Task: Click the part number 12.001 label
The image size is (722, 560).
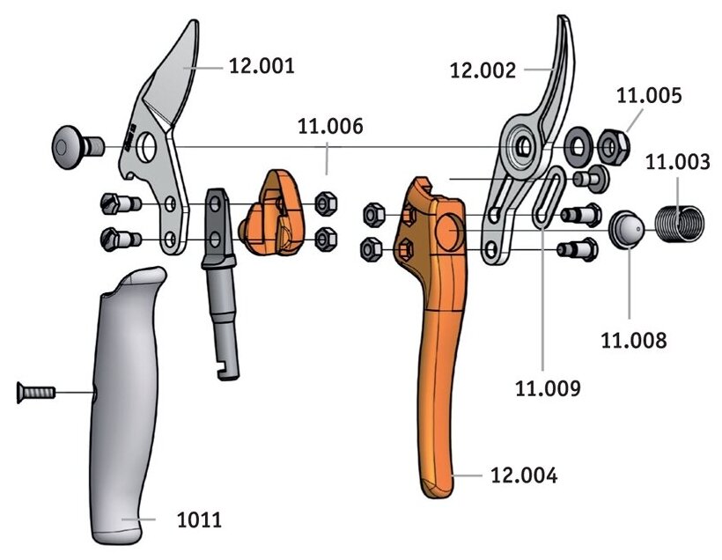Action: [x=262, y=66]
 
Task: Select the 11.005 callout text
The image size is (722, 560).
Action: [x=650, y=96]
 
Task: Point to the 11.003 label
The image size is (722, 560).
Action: [x=677, y=162]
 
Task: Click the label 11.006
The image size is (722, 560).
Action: [x=329, y=128]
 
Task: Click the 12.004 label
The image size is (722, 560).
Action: [x=526, y=476]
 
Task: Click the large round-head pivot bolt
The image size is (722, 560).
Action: [x=76, y=141]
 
